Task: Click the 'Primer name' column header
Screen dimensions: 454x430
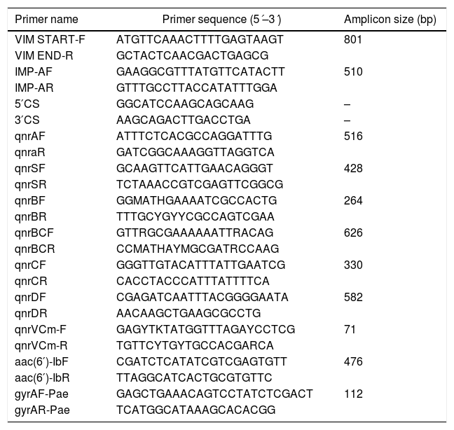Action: point(46,19)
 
